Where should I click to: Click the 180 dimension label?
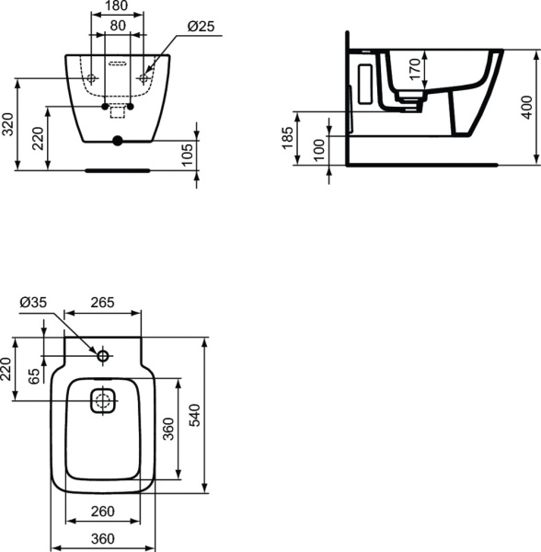117,6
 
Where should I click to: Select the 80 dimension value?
117,26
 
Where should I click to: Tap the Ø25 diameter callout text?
201,26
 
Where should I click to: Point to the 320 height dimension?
8,123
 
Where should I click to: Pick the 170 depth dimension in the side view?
415,69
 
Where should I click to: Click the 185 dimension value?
287,139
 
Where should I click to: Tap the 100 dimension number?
318,150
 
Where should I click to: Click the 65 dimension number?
35,375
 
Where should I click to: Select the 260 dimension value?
104,512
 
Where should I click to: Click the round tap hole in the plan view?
103,355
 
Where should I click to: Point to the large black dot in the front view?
116,142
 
